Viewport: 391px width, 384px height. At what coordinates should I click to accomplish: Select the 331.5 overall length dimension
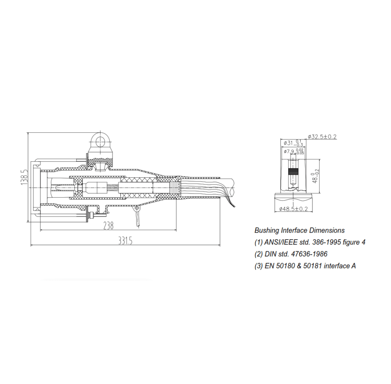[125, 241]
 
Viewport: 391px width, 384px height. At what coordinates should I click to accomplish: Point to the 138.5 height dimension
[24, 177]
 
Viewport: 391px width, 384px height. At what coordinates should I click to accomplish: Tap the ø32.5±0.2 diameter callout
[322, 137]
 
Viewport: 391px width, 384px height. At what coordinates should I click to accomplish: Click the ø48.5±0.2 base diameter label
[294, 209]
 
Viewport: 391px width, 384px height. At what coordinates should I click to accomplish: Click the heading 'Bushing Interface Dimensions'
[300, 230]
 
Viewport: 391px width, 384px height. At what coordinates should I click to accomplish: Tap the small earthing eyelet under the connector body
[137, 210]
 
